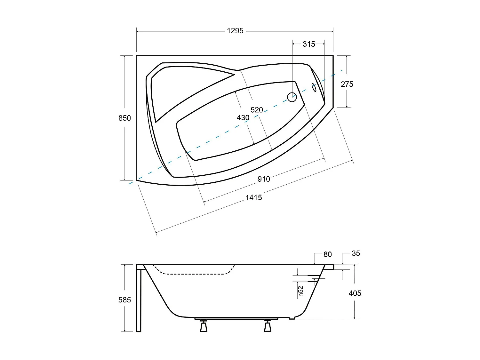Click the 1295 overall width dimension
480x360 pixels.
[x=235, y=31]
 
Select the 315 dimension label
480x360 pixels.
[x=309, y=44]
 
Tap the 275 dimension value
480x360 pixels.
[x=347, y=84]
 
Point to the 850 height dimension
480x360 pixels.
[x=124, y=118]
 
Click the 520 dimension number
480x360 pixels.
[x=257, y=110]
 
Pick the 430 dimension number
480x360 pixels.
[x=243, y=118]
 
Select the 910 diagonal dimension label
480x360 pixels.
[x=264, y=179]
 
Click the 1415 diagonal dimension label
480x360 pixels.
[x=254, y=198]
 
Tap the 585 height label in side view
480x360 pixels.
[x=124, y=300]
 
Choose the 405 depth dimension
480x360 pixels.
[x=355, y=293]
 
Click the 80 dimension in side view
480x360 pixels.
[x=328, y=254]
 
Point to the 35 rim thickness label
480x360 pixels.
[x=356, y=253]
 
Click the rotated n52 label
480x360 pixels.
[x=300, y=291]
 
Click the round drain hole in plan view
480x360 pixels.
[x=292, y=97]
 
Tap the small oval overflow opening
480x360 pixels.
[x=314, y=87]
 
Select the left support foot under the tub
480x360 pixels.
[x=204, y=326]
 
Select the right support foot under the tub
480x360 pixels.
[x=268, y=326]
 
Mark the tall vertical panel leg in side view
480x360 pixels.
[x=139, y=299]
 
